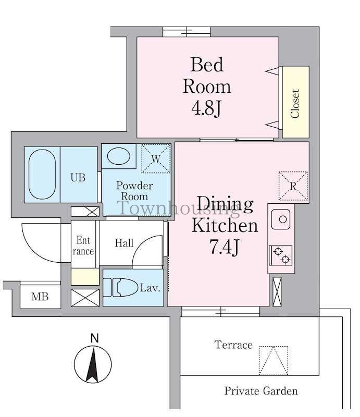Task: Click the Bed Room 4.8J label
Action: coord(207,87)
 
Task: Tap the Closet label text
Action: coord(295,103)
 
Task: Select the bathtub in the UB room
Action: coord(42,174)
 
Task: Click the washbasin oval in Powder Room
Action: coord(119,156)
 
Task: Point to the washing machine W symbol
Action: coord(156,158)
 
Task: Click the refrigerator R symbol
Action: coord(293,186)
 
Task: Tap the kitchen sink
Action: coord(281,219)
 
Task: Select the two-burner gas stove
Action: coord(280,255)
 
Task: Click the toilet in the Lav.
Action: coord(121,288)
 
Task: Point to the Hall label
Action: coord(124,243)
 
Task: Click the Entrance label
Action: coord(83,246)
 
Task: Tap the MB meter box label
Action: coord(40,296)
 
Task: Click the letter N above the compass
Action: coord(95,338)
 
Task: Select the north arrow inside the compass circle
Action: coord(93,364)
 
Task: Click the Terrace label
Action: coord(233,345)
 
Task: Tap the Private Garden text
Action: coord(261,390)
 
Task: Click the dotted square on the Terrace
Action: coord(274,360)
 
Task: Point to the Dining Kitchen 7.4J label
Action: coord(225,225)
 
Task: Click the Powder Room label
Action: coord(134,191)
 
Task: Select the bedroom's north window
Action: coord(187,32)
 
